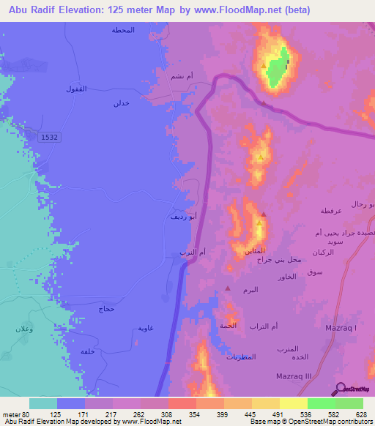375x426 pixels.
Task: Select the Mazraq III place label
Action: tap(294, 375)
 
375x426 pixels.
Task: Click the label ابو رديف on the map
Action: tap(183, 217)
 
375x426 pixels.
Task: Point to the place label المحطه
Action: tap(123, 30)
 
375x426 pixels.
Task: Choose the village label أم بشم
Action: tap(180, 76)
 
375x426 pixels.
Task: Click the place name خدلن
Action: tap(121, 104)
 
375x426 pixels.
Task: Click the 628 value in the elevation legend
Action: tap(361, 414)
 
